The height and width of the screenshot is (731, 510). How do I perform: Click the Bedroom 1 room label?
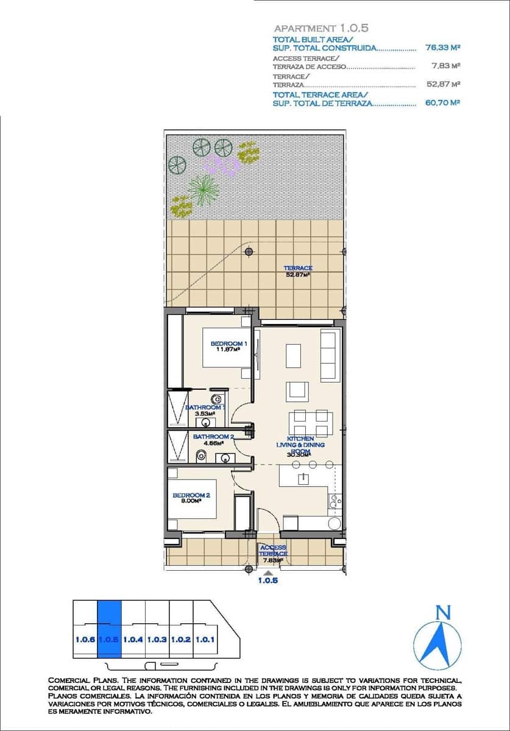pyautogui.click(x=228, y=346)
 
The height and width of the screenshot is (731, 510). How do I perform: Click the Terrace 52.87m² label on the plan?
pyautogui.click(x=298, y=271)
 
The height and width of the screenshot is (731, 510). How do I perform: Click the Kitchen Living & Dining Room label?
pyautogui.click(x=300, y=445)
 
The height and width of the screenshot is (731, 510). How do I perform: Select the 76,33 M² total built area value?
pyautogui.click(x=442, y=46)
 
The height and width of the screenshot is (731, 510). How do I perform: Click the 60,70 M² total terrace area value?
pyautogui.click(x=442, y=103)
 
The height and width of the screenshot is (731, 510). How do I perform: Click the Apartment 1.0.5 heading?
pyautogui.click(x=321, y=28)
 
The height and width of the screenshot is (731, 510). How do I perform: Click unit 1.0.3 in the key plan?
pyautogui.click(x=157, y=640)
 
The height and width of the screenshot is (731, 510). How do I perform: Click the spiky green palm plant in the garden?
pyautogui.click(x=203, y=190)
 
